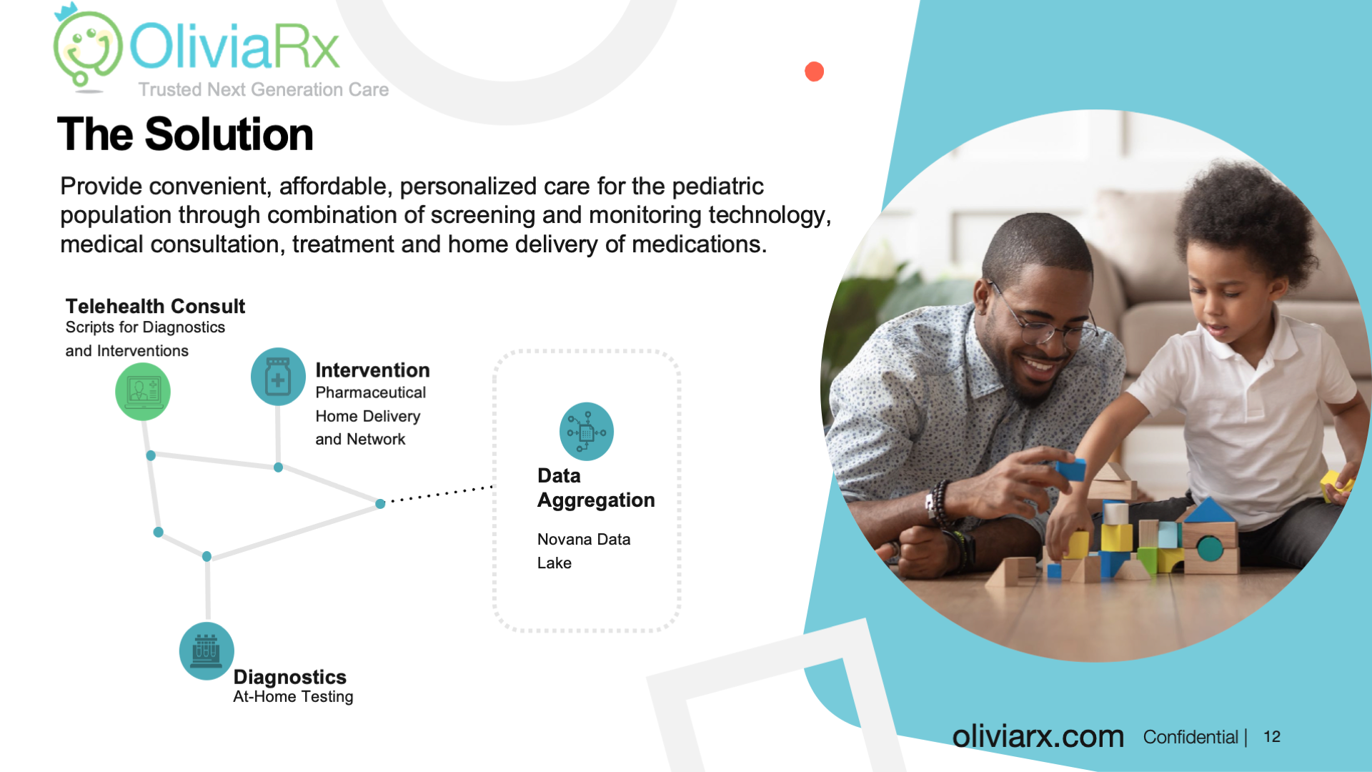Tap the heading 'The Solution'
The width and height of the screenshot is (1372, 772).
click(185, 134)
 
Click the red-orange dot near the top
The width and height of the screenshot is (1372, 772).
click(814, 71)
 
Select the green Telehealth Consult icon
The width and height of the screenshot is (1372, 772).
click(143, 391)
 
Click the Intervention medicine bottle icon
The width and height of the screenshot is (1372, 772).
click(278, 377)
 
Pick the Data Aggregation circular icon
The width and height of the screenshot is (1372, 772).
click(587, 432)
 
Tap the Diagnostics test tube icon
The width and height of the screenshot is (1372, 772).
click(207, 651)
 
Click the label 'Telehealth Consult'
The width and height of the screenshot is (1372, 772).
click(155, 307)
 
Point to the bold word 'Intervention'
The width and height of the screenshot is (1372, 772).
click(372, 370)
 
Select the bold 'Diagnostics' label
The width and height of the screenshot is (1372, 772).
click(289, 677)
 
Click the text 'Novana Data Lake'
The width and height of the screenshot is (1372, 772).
click(584, 551)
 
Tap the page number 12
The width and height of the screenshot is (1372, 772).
click(1272, 737)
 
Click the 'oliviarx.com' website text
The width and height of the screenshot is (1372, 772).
click(1038, 736)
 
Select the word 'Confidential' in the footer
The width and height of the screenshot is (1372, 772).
click(1190, 737)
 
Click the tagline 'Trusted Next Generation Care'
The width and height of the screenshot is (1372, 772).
click(264, 89)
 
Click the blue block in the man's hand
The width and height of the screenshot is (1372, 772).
click(1070, 470)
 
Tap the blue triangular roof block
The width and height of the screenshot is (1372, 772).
click(1209, 510)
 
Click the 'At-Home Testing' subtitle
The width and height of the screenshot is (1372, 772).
click(293, 697)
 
